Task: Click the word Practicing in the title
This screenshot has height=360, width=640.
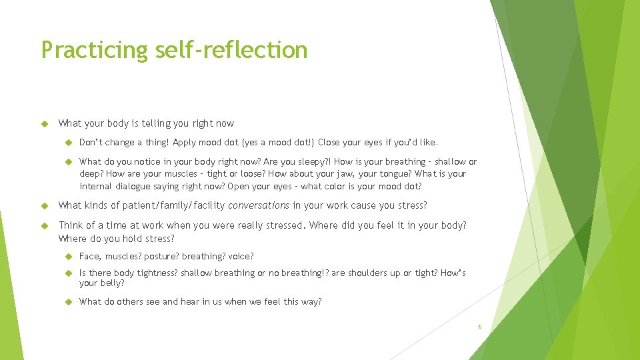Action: (x=93, y=50)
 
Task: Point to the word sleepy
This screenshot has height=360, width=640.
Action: (x=309, y=161)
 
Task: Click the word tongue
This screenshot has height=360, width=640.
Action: (x=393, y=174)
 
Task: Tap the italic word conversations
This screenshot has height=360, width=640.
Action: (x=259, y=205)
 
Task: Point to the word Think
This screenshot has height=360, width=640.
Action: (x=71, y=225)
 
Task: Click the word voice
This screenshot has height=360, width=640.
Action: (x=240, y=257)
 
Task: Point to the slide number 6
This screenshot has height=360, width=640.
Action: (x=479, y=327)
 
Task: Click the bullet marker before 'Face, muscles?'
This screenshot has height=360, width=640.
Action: (x=69, y=257)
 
